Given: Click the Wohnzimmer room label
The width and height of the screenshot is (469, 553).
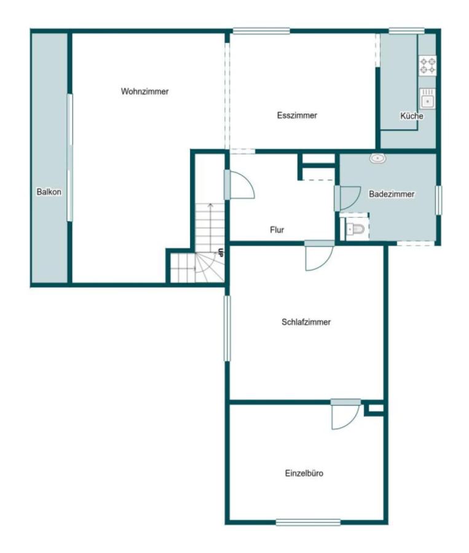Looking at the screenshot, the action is coord(144,92).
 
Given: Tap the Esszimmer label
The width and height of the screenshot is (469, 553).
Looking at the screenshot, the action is coord(297,116).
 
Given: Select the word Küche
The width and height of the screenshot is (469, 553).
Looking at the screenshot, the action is coord(411,116).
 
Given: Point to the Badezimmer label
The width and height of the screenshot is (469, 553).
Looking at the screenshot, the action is coord(392,194).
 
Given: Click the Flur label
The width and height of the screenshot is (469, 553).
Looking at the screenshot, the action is coord(277,230).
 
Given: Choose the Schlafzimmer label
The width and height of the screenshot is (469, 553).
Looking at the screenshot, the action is coord(306,322).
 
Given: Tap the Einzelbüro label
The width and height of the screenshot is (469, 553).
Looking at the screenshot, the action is coord(304,473).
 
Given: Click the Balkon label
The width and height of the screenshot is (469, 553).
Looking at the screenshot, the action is coord(49,192).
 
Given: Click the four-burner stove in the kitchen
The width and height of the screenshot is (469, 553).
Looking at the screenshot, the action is coord(428,66).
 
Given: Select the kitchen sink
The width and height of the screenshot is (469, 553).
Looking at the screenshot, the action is coord(428,99).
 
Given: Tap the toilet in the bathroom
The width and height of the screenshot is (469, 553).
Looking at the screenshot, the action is coord(355,230).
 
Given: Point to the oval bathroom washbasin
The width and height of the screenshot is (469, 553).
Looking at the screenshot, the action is coord(377,159).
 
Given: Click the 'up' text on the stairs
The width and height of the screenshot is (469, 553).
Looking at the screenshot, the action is coord(221,253).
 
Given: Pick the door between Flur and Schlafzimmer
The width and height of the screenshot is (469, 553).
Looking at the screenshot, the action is coord(320,256).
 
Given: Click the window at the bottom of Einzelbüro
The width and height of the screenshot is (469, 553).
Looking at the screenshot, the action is coord(308,522).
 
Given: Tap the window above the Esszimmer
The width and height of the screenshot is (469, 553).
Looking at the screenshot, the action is coord(261,31).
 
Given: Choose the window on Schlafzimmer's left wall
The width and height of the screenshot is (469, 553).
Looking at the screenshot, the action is coord(227,328).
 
